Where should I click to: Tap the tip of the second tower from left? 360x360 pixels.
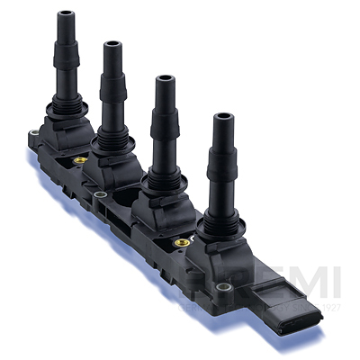tap(113, 44)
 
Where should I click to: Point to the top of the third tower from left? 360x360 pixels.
tap(163, 79)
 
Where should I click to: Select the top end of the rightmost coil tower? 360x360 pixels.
tap(221, 117)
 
